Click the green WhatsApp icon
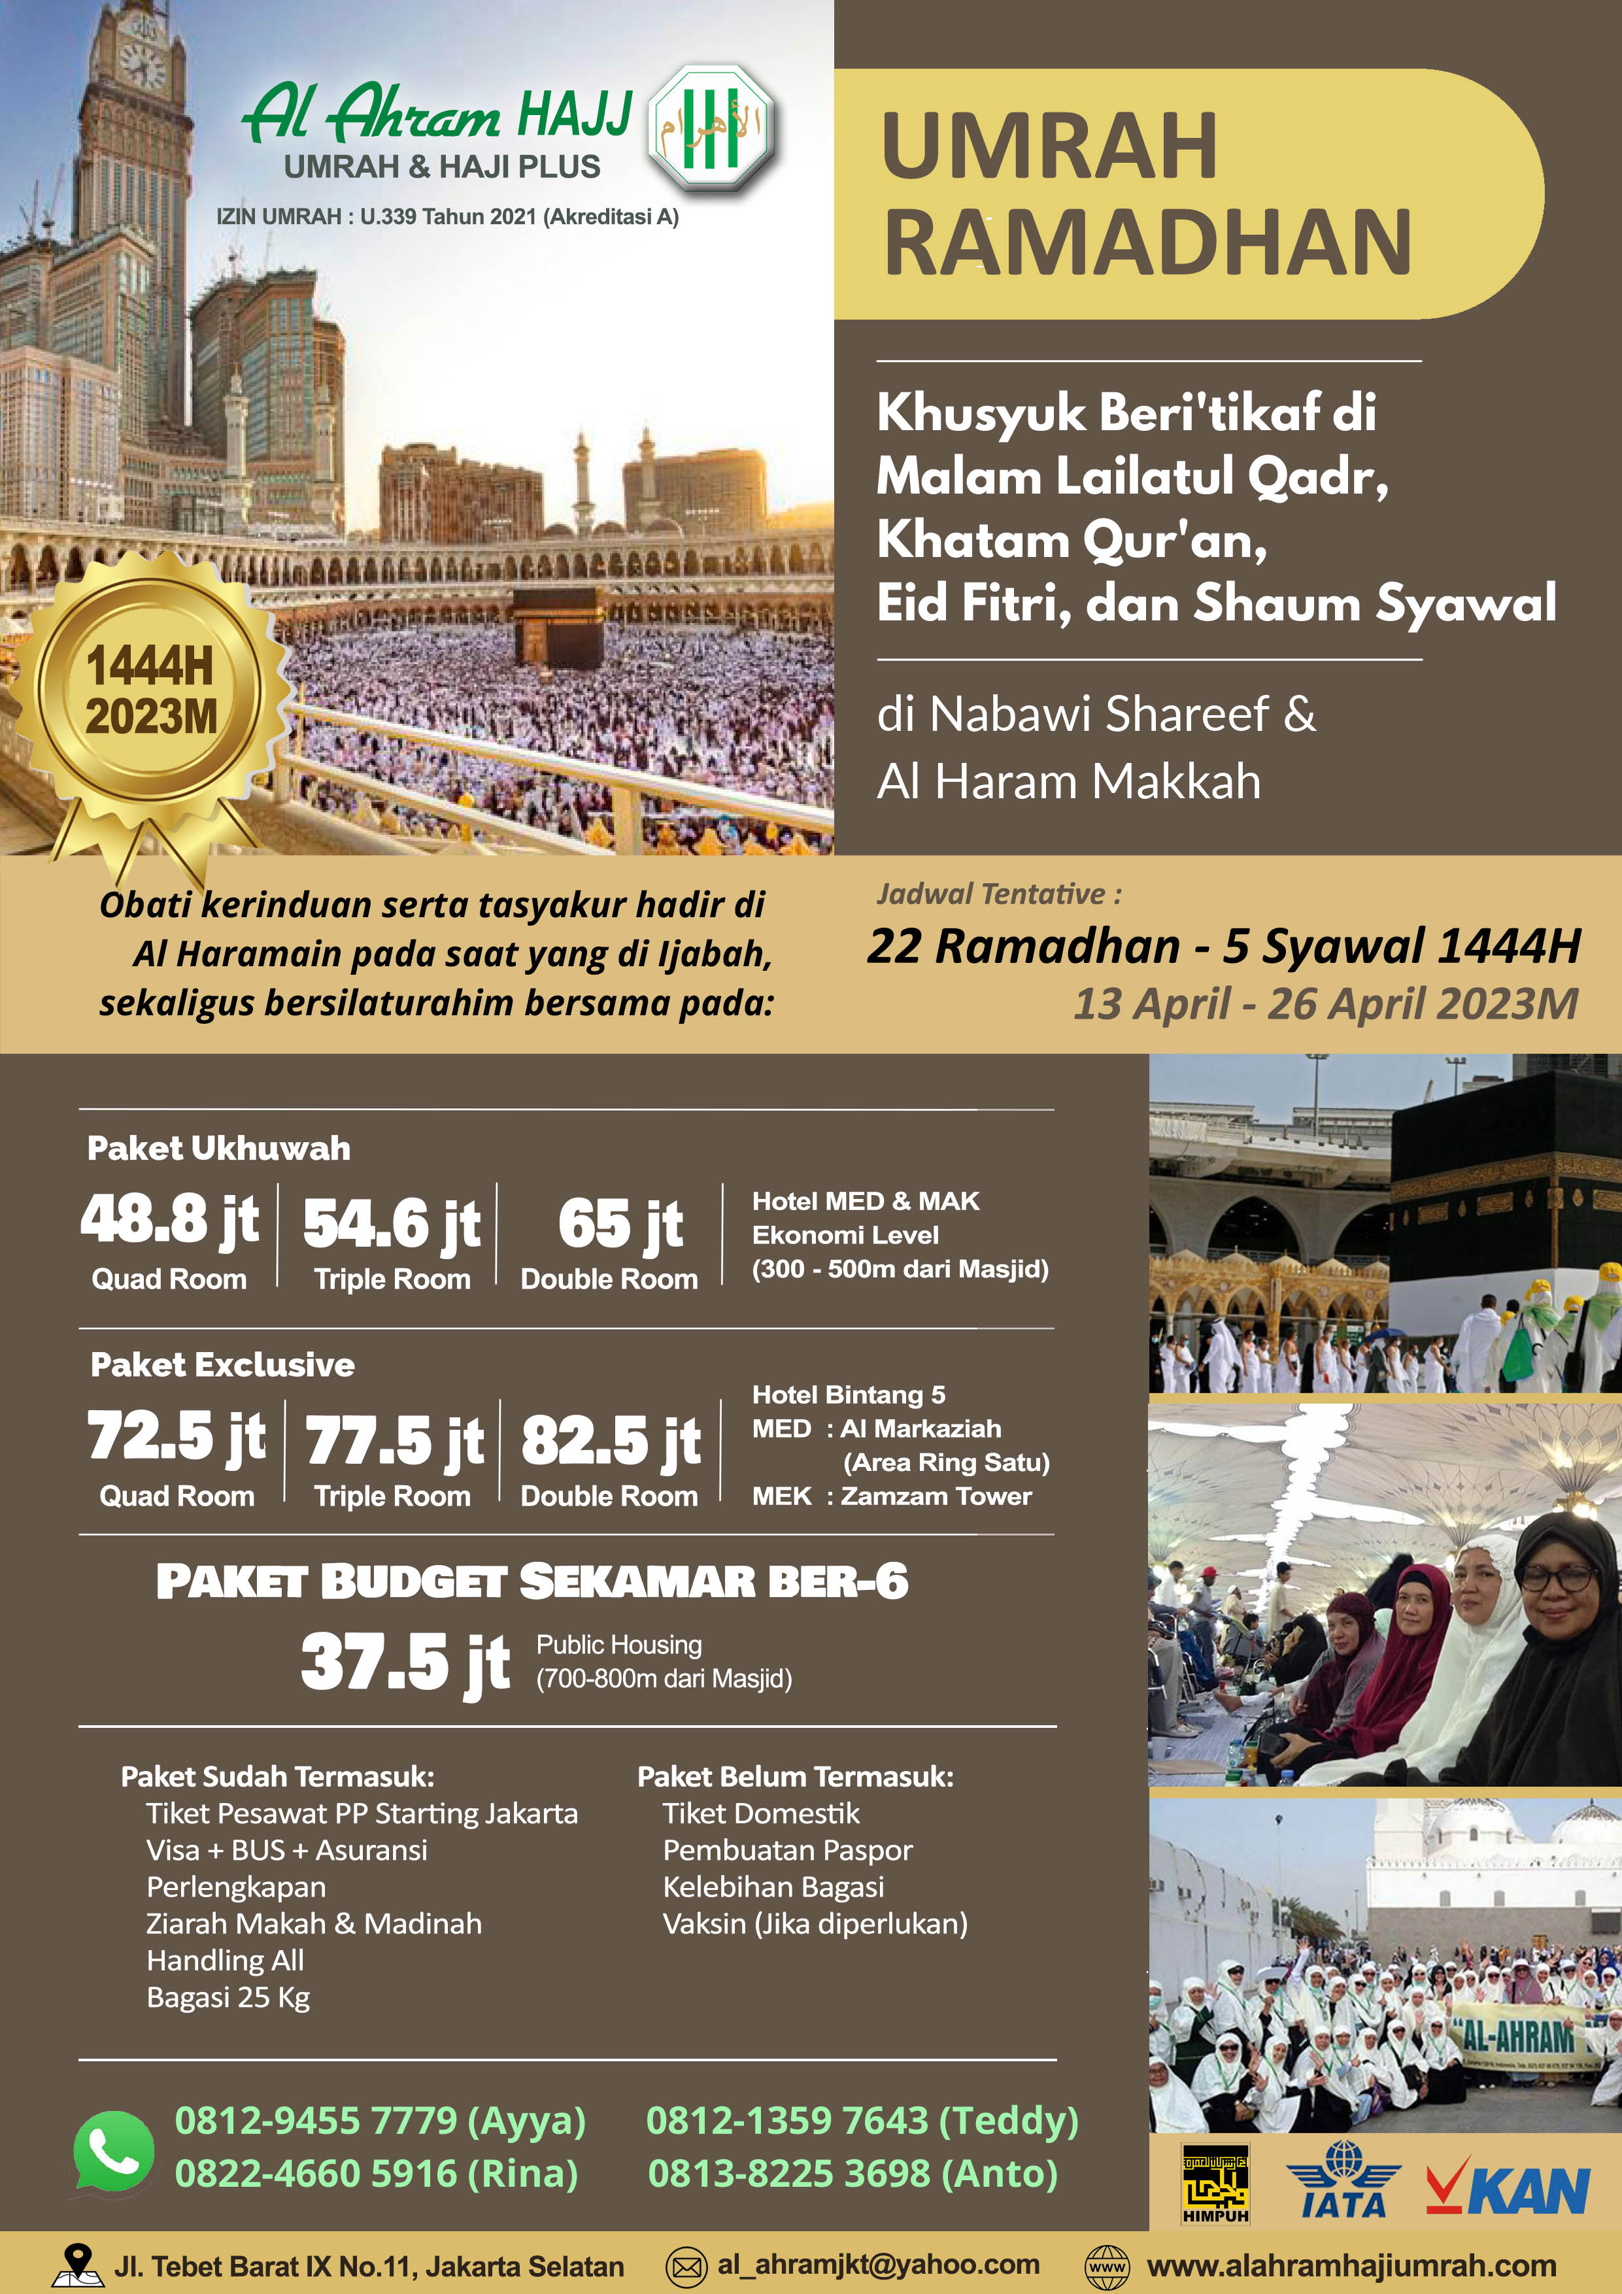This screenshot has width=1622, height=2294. tap(114, 2151)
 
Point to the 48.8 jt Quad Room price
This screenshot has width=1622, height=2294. tap(170, 1221)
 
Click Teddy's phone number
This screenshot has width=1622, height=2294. tap(862, 2119)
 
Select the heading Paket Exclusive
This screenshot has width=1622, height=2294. tap(222, 1365)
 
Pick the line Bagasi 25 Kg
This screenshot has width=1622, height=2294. tap(228, 1997)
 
